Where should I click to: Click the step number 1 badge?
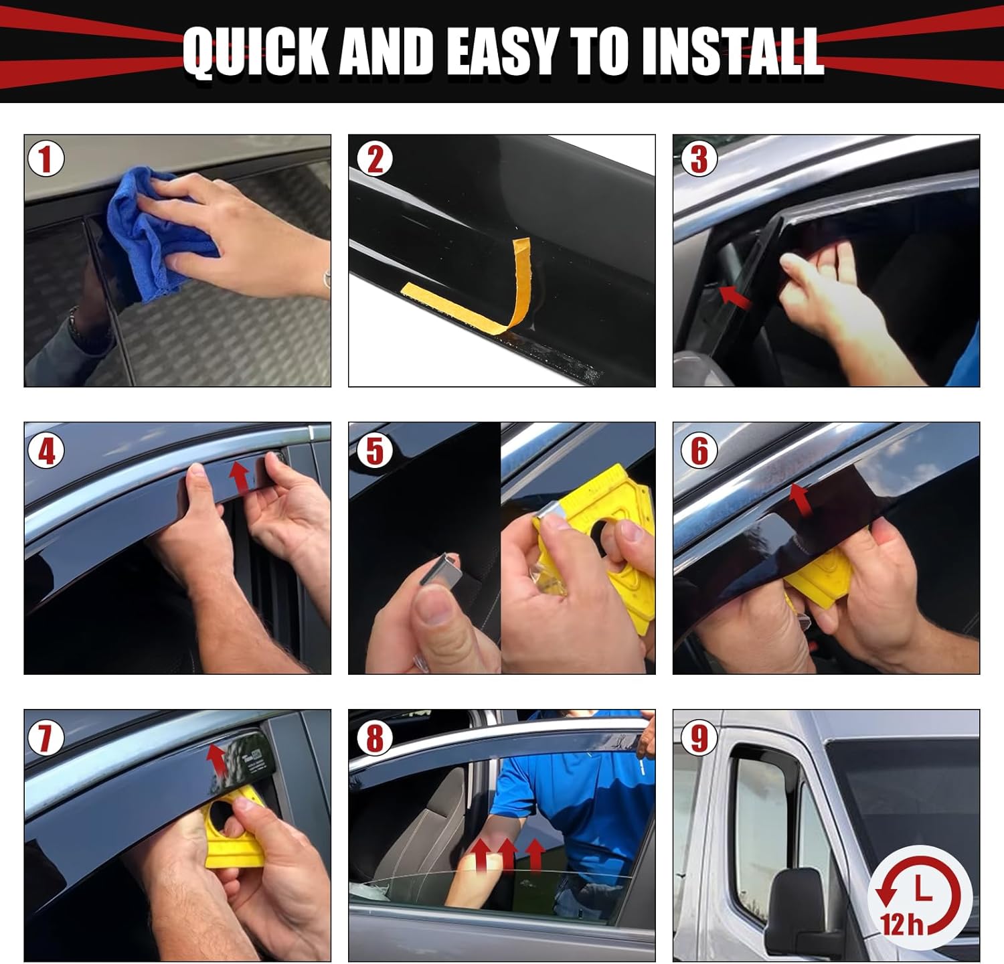(x=46, y=160)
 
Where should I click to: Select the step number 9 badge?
(x=699, y=738)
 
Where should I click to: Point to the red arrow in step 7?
(x=216, y=760)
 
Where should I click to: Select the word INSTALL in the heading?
(x=731, y=52)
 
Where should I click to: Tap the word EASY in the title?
(x=501, y=52)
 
